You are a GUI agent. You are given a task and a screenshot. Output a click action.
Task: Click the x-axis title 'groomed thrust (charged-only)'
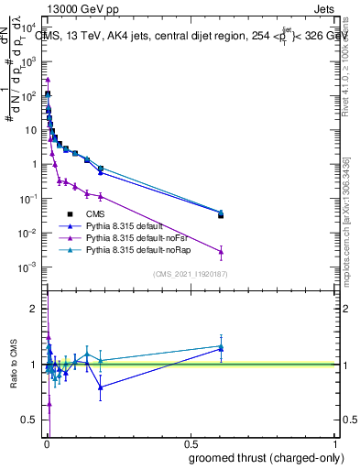[266, 458]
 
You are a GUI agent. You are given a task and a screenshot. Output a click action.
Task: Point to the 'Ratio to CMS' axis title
[14, 364]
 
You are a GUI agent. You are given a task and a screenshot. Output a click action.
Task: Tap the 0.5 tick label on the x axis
[191, 443]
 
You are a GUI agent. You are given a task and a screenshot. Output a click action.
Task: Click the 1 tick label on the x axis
[336, 443]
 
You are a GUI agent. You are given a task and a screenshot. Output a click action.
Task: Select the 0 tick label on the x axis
[46, 443]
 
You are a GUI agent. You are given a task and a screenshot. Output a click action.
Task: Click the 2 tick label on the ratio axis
[34, 309]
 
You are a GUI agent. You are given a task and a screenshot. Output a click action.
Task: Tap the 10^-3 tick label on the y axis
[27, 267]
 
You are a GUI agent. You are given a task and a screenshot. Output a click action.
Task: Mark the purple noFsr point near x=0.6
[221, 251]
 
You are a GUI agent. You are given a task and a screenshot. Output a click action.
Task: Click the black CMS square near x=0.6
[221, 215]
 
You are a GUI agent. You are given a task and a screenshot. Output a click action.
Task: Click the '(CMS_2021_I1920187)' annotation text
[190, 274]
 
